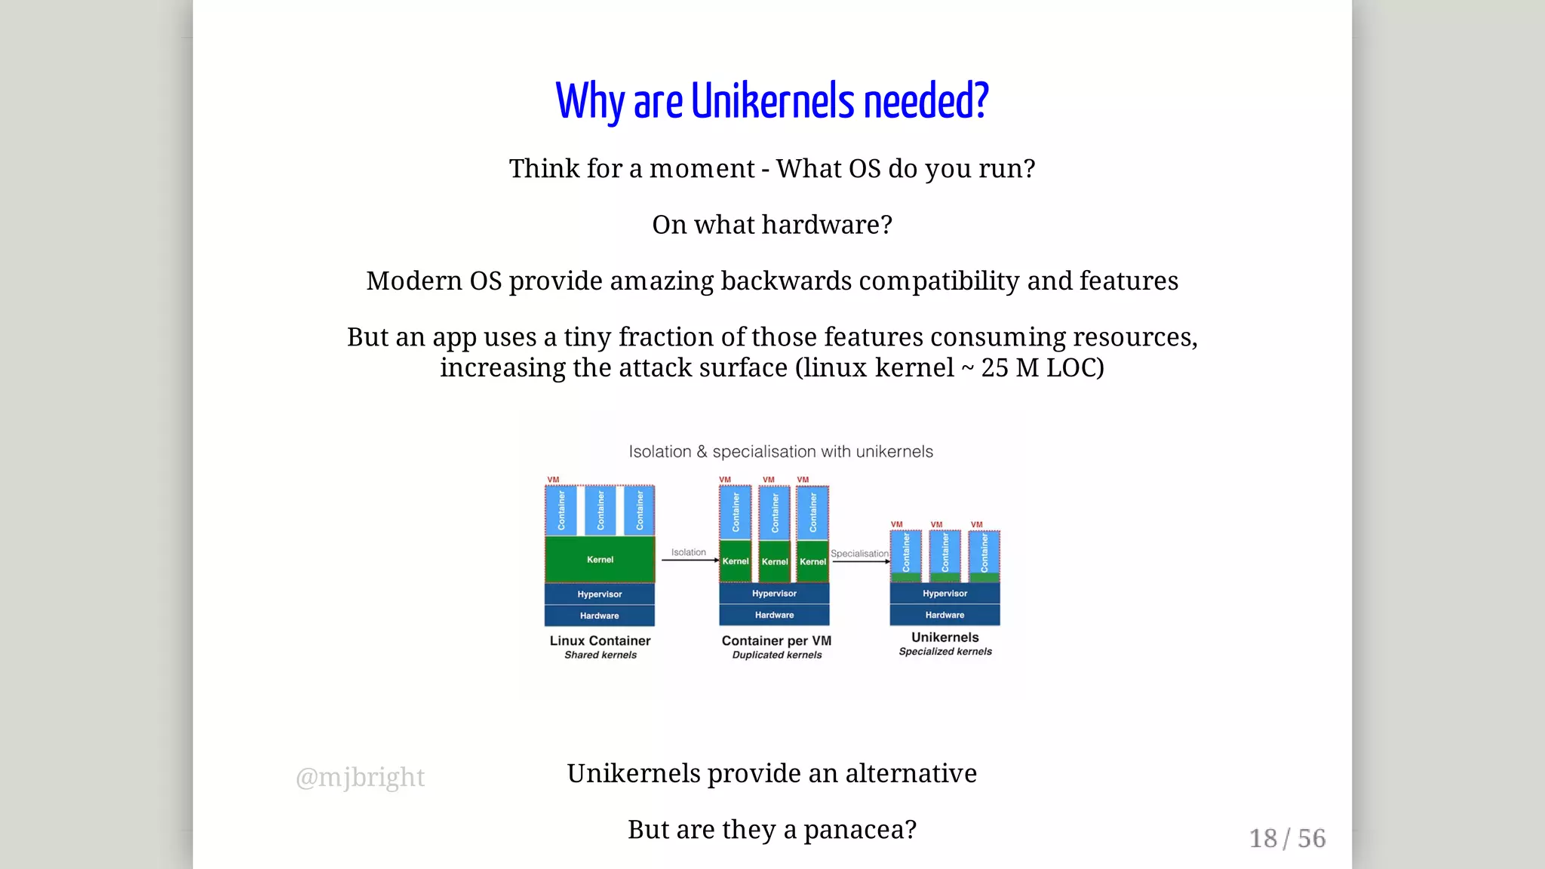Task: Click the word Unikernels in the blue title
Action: (772, 101)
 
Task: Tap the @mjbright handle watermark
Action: (360, 777)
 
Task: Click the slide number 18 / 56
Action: (1287, 838)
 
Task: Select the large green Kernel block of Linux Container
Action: (600, 559)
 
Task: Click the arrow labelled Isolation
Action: (690, 560)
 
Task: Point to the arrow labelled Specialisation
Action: (861, 561)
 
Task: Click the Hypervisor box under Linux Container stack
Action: (600, 594)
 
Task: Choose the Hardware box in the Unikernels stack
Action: (945, 615)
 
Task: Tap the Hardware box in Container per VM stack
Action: (774, 615)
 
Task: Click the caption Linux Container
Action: (600, 640)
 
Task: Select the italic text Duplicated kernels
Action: (776, 655)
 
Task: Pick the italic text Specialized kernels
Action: (945, 652)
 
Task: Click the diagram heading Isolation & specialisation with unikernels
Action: (781, 452)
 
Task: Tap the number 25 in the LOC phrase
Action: (994, 368)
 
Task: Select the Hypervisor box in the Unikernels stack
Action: (945, 594)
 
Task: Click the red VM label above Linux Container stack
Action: (553, 480)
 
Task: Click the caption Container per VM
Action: (776, 640)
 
